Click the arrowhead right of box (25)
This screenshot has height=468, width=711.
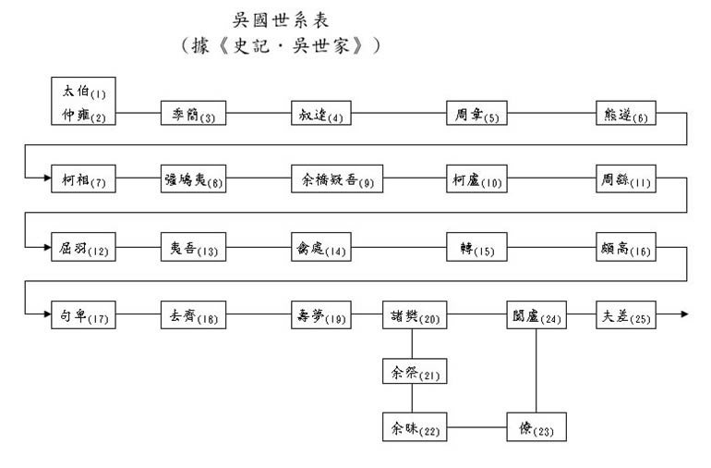[x=683, y=315]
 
